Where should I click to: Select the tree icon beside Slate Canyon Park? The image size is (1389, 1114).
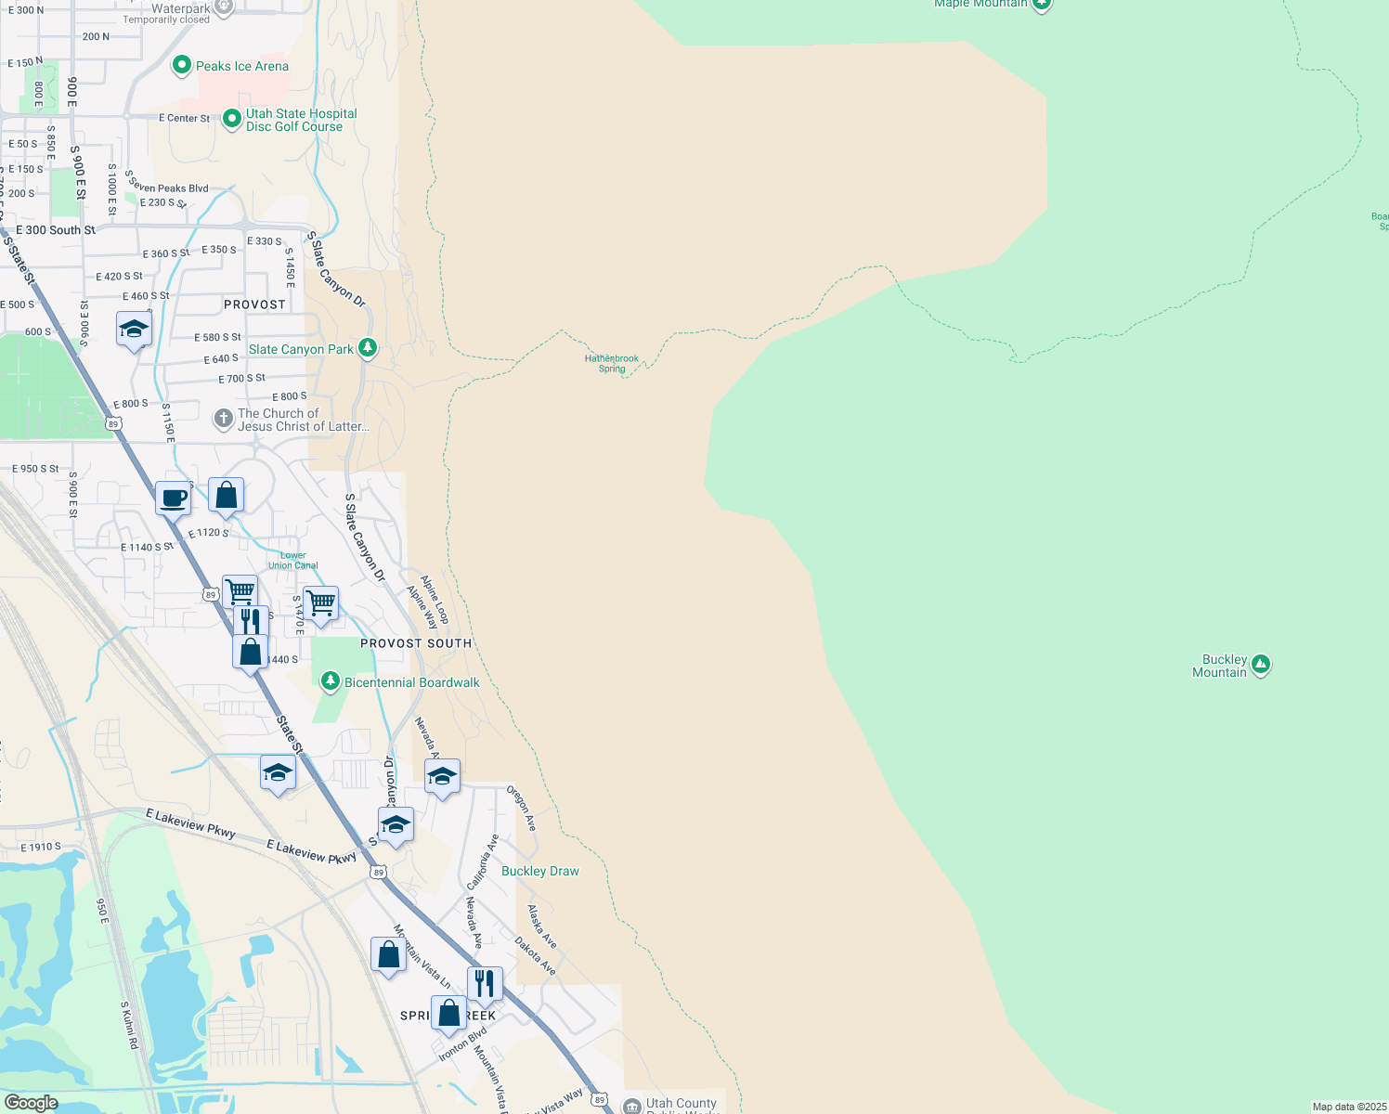pyautogui.click(x=368, y=348)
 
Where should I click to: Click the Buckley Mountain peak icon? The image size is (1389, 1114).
pyautogui.click(x=1260, y=665)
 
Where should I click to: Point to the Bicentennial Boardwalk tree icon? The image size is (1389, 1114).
pyautogui.click(x=330, y=682)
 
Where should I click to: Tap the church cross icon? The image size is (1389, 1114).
pyautogui.click(x=223, y=419)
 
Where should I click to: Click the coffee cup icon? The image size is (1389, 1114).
pyautogui.click(x=174, y=499)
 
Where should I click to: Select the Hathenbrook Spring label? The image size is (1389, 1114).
pyautogui.click(x=612, y=363)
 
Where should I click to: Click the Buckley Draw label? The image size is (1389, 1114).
pyautogui.click(x=539, y=871)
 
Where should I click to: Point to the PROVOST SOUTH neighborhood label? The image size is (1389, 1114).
pyautogui.click(x=416, y=643)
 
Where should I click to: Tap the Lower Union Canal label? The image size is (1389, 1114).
pyautogui.click(x=293, y=560)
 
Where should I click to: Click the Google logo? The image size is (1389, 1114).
pyautogui.click(x=31, y=1102)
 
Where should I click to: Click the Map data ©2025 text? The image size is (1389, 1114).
pyautogui.click(x=1348, y=1107)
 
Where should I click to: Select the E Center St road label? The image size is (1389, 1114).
pyautogui.click(x=184, y=118)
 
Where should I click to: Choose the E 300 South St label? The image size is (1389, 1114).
pyautogui.click(x=56, y=230)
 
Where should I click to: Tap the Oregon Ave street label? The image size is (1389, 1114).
pyautogui.click(x=521, y=809)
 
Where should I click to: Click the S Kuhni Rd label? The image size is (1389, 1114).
pyautogui.click(x=129, y=1025)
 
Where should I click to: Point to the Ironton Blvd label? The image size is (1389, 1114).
pyautogui.click(x=462, y=1044)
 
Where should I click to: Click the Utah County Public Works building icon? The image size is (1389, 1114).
pyautogui.click(x=632, y=1105)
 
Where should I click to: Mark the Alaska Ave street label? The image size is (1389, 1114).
pyautogui.click(x=542, y=926)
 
